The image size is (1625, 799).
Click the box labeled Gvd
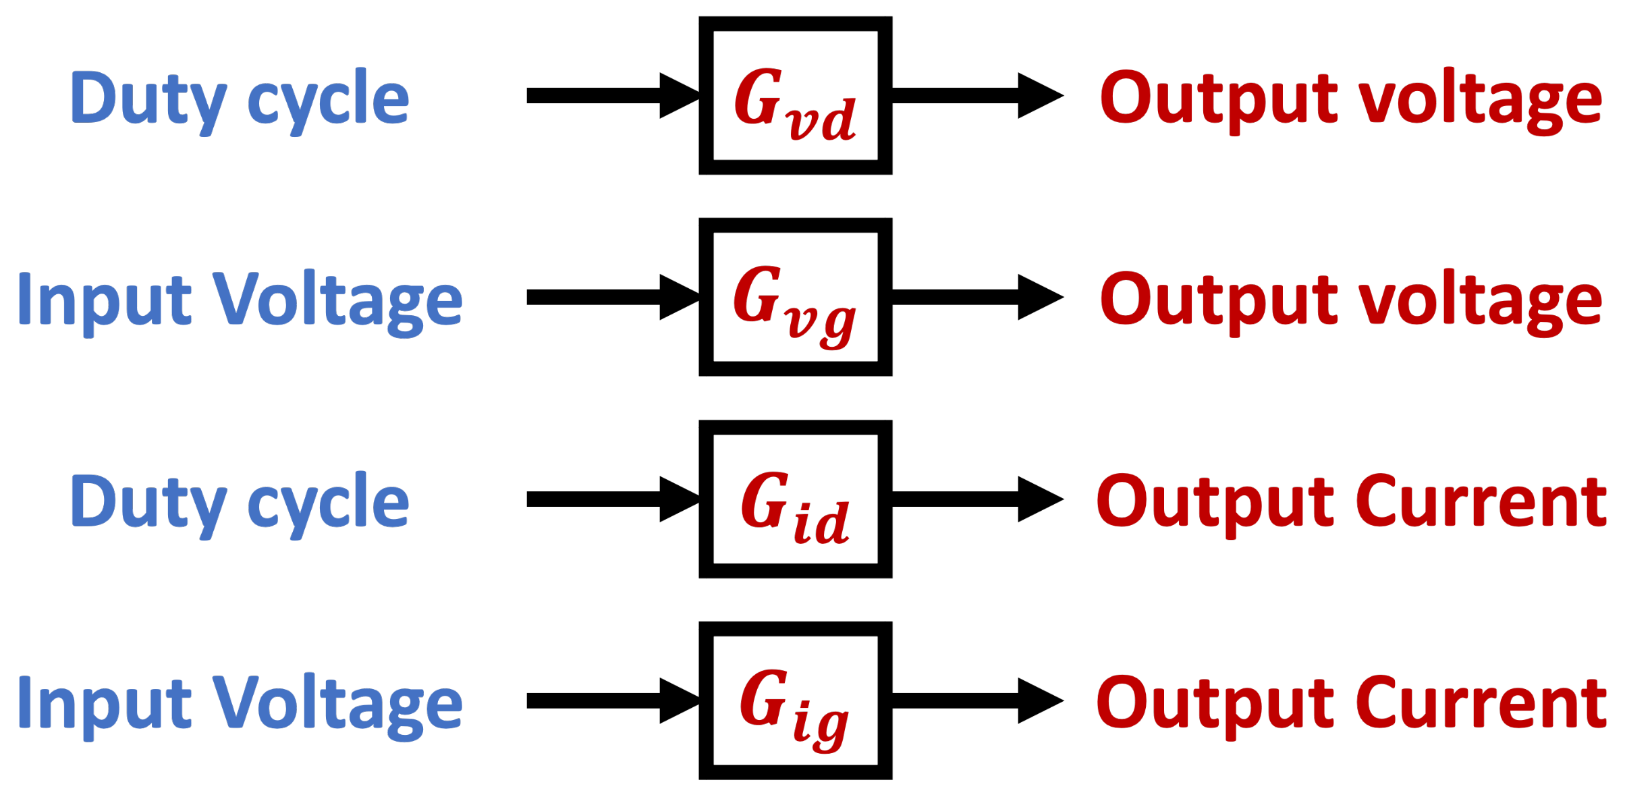coord(795,95)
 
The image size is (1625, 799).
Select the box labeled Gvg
coord(795,297)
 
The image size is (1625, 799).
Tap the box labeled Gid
coord(795,499)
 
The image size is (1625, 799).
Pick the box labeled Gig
coord(795,700)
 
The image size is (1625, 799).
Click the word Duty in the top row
coord(148,100)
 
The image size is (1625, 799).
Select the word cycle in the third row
coord(328,503)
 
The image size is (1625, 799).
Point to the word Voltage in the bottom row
coord(337,704)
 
